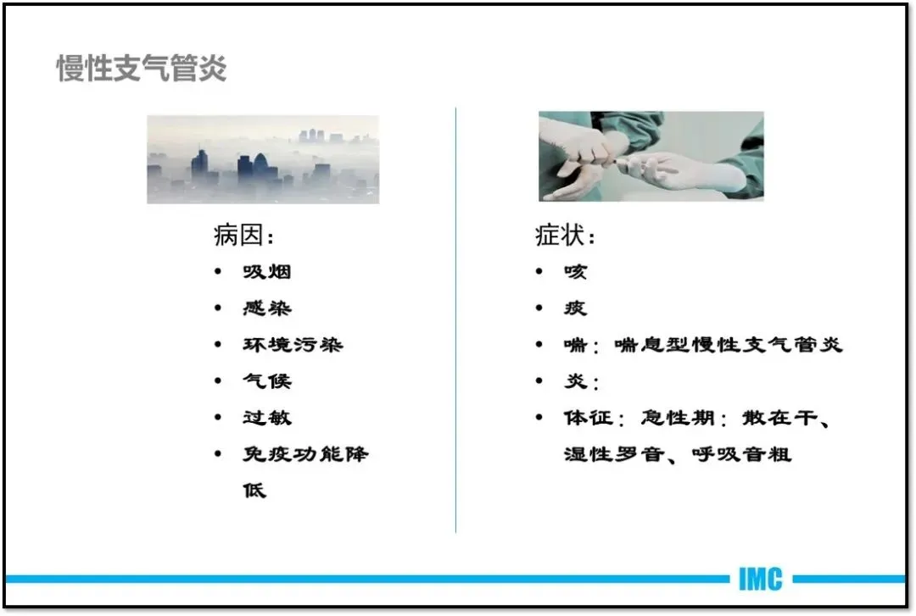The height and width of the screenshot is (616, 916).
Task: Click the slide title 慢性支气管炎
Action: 142,69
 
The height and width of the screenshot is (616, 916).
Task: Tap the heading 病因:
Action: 243,236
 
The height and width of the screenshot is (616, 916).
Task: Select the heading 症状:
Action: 565,236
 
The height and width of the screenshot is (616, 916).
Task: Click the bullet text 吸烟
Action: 267,271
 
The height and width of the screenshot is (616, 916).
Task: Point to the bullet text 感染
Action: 267,308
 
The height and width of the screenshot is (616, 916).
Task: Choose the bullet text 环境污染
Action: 293,345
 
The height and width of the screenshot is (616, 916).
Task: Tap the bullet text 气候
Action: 267,381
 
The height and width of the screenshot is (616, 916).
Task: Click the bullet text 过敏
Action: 267,418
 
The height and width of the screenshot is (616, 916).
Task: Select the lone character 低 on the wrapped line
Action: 254,491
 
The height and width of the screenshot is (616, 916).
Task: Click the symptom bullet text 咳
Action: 575,271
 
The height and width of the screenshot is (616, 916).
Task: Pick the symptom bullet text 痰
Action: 575,308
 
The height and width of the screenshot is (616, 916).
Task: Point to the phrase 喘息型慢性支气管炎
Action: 728,345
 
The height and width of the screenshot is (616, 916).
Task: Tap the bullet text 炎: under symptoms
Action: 581,381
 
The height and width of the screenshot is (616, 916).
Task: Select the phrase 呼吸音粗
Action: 741,454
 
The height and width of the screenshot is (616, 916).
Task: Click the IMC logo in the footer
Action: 760,580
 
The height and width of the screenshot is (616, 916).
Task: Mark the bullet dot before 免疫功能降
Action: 218,453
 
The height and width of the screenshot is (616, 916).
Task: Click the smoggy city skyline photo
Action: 263,159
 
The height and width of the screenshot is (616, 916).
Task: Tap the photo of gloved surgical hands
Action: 651,157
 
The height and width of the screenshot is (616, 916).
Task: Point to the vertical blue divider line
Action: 455,320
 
